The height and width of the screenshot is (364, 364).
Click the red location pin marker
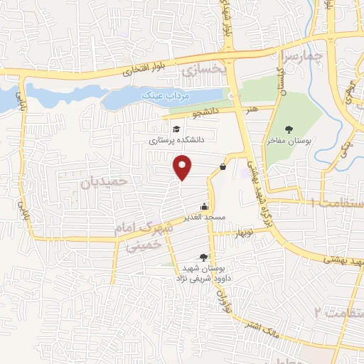[183, 167]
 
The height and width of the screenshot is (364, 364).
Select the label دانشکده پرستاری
[176, 141]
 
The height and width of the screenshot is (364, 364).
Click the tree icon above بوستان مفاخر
[289, 129]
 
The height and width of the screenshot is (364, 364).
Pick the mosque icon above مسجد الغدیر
[205, 206]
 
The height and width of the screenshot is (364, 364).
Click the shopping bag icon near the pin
[223, 167]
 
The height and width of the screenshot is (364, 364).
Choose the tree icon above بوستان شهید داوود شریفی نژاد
[205, 257]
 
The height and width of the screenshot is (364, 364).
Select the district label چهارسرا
[309, 55]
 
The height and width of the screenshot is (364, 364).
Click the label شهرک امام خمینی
[143, 237]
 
